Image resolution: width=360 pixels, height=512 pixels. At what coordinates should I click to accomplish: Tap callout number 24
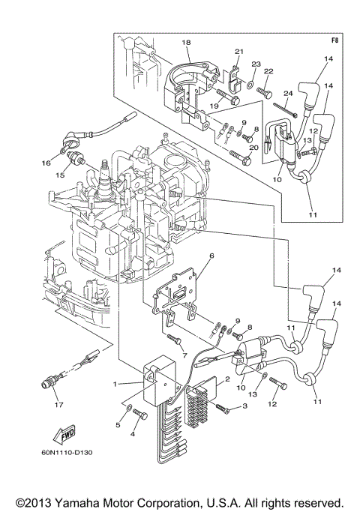287,94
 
